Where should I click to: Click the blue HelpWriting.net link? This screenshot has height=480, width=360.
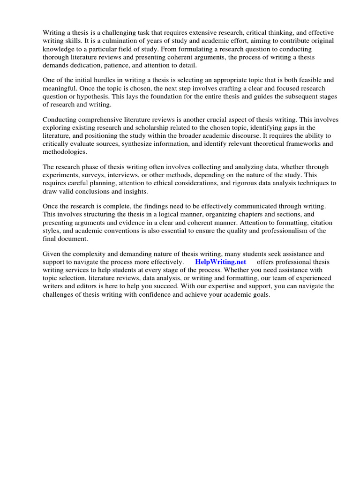(x=220, y=262)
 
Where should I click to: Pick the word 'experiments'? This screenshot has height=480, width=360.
(x=60, y=175)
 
